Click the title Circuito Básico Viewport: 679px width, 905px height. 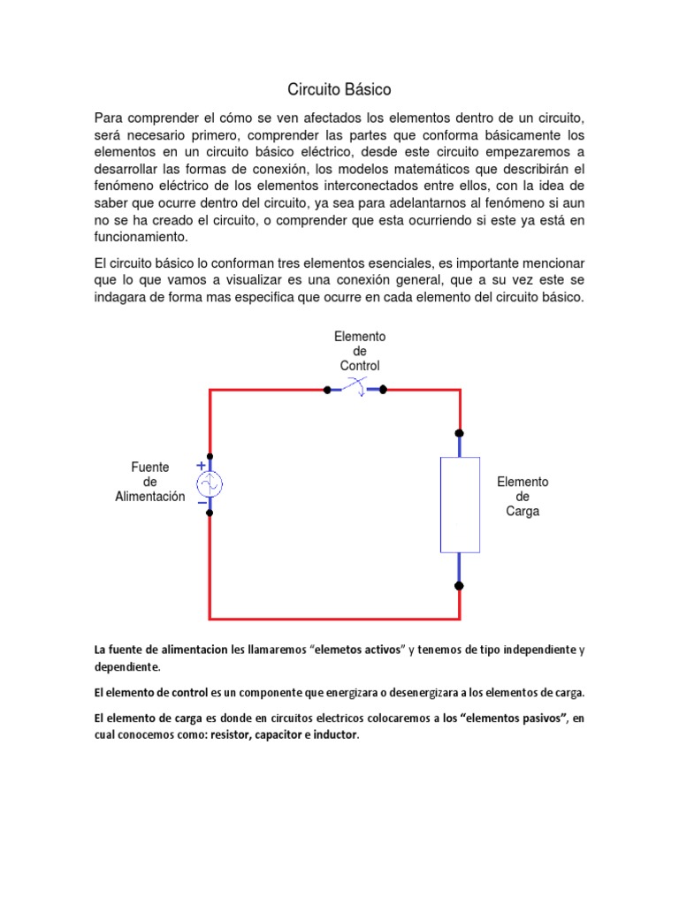(x=339, y=90)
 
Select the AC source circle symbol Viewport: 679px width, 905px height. (x=210, y=484)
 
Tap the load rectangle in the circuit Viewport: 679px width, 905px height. (x=460, y=505)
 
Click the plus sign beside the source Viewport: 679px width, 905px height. (x=202, y=465)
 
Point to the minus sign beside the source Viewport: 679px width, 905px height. (x=202, y=503)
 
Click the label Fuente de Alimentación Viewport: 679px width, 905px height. (x=150, y=482)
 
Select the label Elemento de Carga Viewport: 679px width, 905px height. (x=523, y=496)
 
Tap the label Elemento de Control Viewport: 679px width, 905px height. (x=360, y=351)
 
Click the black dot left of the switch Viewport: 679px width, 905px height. (x=327, y=389)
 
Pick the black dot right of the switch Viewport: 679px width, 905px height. (x=384, y=389)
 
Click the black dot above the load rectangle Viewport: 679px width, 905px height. (x=459, y=433)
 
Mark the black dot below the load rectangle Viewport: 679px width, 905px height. (x=459, y=585)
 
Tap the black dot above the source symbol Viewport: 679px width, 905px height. (x=210, y=457)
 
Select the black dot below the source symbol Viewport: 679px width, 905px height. (x=210, y=513)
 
